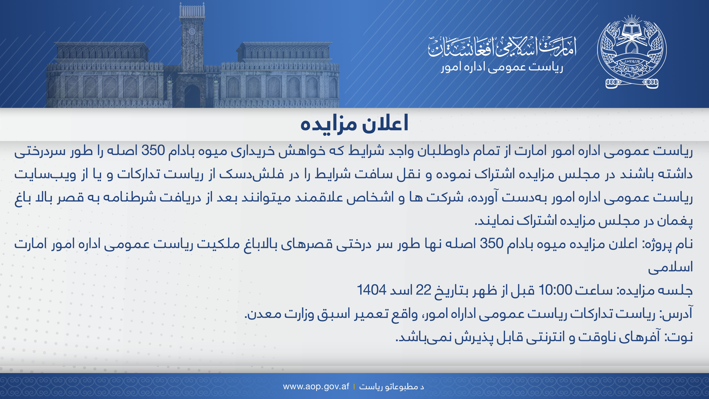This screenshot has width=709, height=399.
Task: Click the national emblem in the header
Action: click(x=632, y=52)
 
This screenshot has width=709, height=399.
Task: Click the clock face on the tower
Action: click(x=192, y=31)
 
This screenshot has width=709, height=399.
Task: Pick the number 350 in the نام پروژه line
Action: click(x=491, y=243)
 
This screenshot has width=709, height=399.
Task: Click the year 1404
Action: click(x=372, y=290)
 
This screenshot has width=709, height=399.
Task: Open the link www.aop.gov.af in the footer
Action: click(x=316, y=386)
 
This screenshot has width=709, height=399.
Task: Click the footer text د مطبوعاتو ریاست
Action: click(x=391, y=387)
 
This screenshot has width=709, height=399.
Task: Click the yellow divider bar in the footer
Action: click(x=354, y=387)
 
